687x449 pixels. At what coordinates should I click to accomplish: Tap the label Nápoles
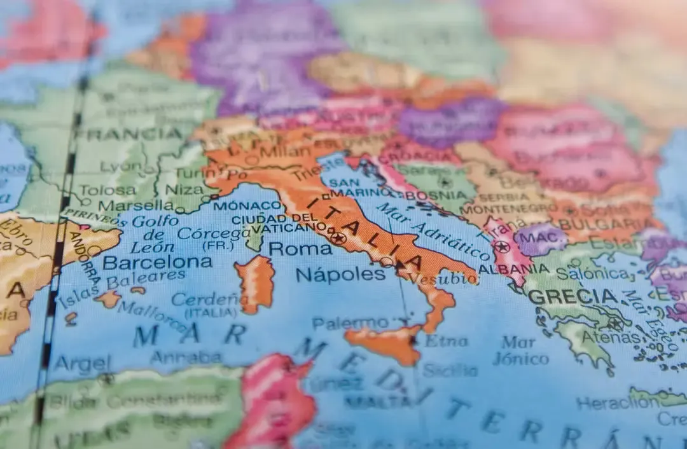pos(340,274)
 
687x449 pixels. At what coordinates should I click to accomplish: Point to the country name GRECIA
pos(572,296)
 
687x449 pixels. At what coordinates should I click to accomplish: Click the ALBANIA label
pos(504,268)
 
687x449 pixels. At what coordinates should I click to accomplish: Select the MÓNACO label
pos(247,205)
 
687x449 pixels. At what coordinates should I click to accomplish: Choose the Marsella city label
pos(135,205)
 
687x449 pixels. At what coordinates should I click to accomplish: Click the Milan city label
pos(275,151)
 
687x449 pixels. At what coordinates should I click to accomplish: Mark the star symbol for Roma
pos(338,238)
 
